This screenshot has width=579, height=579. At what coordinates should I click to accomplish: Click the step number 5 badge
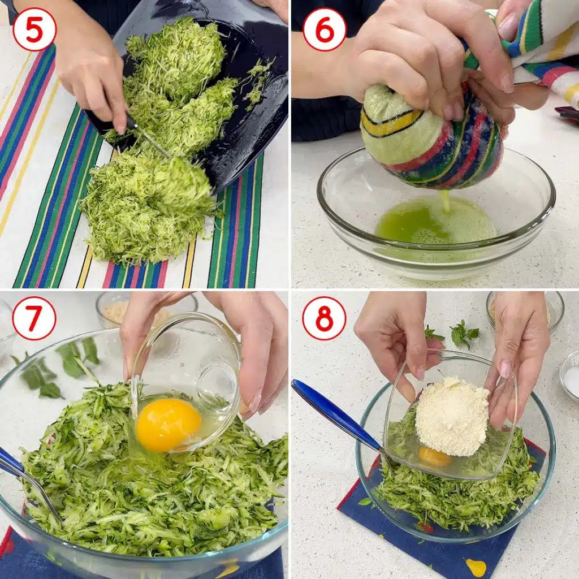coord(34,29)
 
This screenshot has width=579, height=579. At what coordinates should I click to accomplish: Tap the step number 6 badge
coord(324,29)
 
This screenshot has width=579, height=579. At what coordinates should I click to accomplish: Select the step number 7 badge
coord(34,318)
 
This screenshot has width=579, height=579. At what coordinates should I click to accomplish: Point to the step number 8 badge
coord(324,318)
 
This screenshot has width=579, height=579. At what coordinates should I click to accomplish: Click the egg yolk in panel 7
coord(168,424)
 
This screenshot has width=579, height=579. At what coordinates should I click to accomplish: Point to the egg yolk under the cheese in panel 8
coord(434,456)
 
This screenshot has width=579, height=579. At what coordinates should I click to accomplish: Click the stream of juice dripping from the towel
coord(446,201)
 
